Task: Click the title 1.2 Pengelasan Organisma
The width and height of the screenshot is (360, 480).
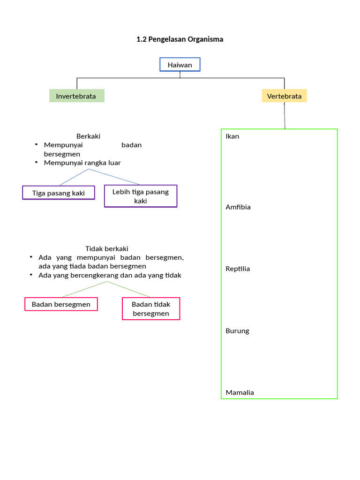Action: [x=180, y=39]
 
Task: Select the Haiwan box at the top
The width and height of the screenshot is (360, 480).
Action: [x=180, y=65]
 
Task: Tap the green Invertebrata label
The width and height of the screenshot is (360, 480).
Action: [x=76, y=96]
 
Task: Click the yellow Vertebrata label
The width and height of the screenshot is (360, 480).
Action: [x=284, y=96]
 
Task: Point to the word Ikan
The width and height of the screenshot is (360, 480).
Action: [x=232, y=136]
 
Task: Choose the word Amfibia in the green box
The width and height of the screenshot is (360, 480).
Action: [x=238, y=207]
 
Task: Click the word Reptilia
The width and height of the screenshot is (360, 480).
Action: [x=238, y=269]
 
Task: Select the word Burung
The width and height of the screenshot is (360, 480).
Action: [x=237, y=331]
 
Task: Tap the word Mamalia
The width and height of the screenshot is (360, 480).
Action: [x=240, y=393]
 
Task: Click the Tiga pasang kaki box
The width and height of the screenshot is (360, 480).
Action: [x=59, y=193]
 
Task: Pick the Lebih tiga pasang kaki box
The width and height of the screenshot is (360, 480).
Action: [x=141, y=196]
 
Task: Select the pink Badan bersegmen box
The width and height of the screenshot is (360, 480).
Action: [x=61, y=304]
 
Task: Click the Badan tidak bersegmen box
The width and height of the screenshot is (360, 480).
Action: [x=151, y=309]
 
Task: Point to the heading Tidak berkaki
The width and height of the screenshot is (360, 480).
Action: [x=106, y=249]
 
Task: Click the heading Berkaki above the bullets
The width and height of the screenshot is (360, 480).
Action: [x=89, y=136]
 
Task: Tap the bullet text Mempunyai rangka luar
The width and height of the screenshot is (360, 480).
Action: [x=82, y=163]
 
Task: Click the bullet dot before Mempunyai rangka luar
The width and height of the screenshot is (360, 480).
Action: [x=36, y=163]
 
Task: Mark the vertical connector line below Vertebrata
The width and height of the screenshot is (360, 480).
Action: [x=285, y=115]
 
